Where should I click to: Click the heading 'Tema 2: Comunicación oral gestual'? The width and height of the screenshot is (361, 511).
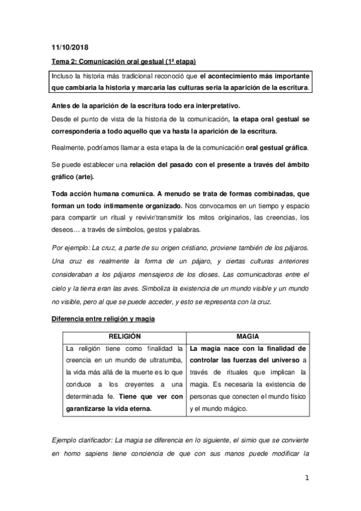point(122,62)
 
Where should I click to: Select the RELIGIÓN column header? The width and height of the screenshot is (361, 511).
point(124,336)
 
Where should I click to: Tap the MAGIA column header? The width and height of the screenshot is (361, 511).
point(248,336)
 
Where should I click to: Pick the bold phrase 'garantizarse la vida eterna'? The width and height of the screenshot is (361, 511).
point(108,408)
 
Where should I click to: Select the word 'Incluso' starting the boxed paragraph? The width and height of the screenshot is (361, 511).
point(63,76)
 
